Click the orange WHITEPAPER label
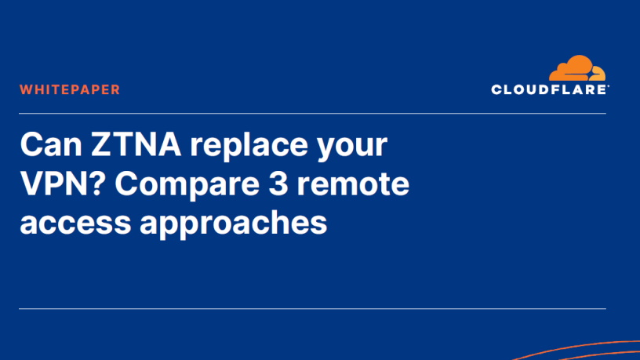tap(70, 89)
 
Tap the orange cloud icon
tap(577, 68)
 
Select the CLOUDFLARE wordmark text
tap(550, 89)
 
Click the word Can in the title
tap(51, 144)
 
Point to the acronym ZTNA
tap(136, 144)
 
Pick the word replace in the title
tap(249, 144)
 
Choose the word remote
tap(353, 185)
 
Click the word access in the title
tap(75, 224)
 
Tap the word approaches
tap(234, 224)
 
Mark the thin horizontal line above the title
tap(312, 114)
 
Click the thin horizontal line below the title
tap(312, 308)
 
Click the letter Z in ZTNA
tap(100, 144)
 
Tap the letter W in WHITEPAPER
tap(26, 89)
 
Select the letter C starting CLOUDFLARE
tap(496, 89)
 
